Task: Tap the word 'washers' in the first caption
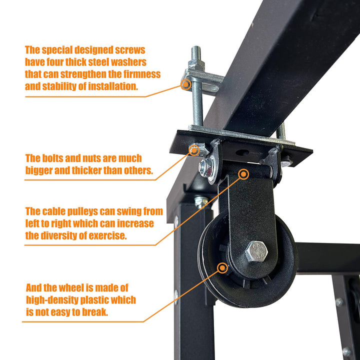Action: (x=126, y=62)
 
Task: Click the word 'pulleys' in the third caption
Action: (x=86, y=211)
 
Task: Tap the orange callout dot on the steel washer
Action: (x=186, y=84)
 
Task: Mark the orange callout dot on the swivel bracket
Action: (x=243, y=174)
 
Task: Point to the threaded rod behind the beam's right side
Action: (x=282, y=130)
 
